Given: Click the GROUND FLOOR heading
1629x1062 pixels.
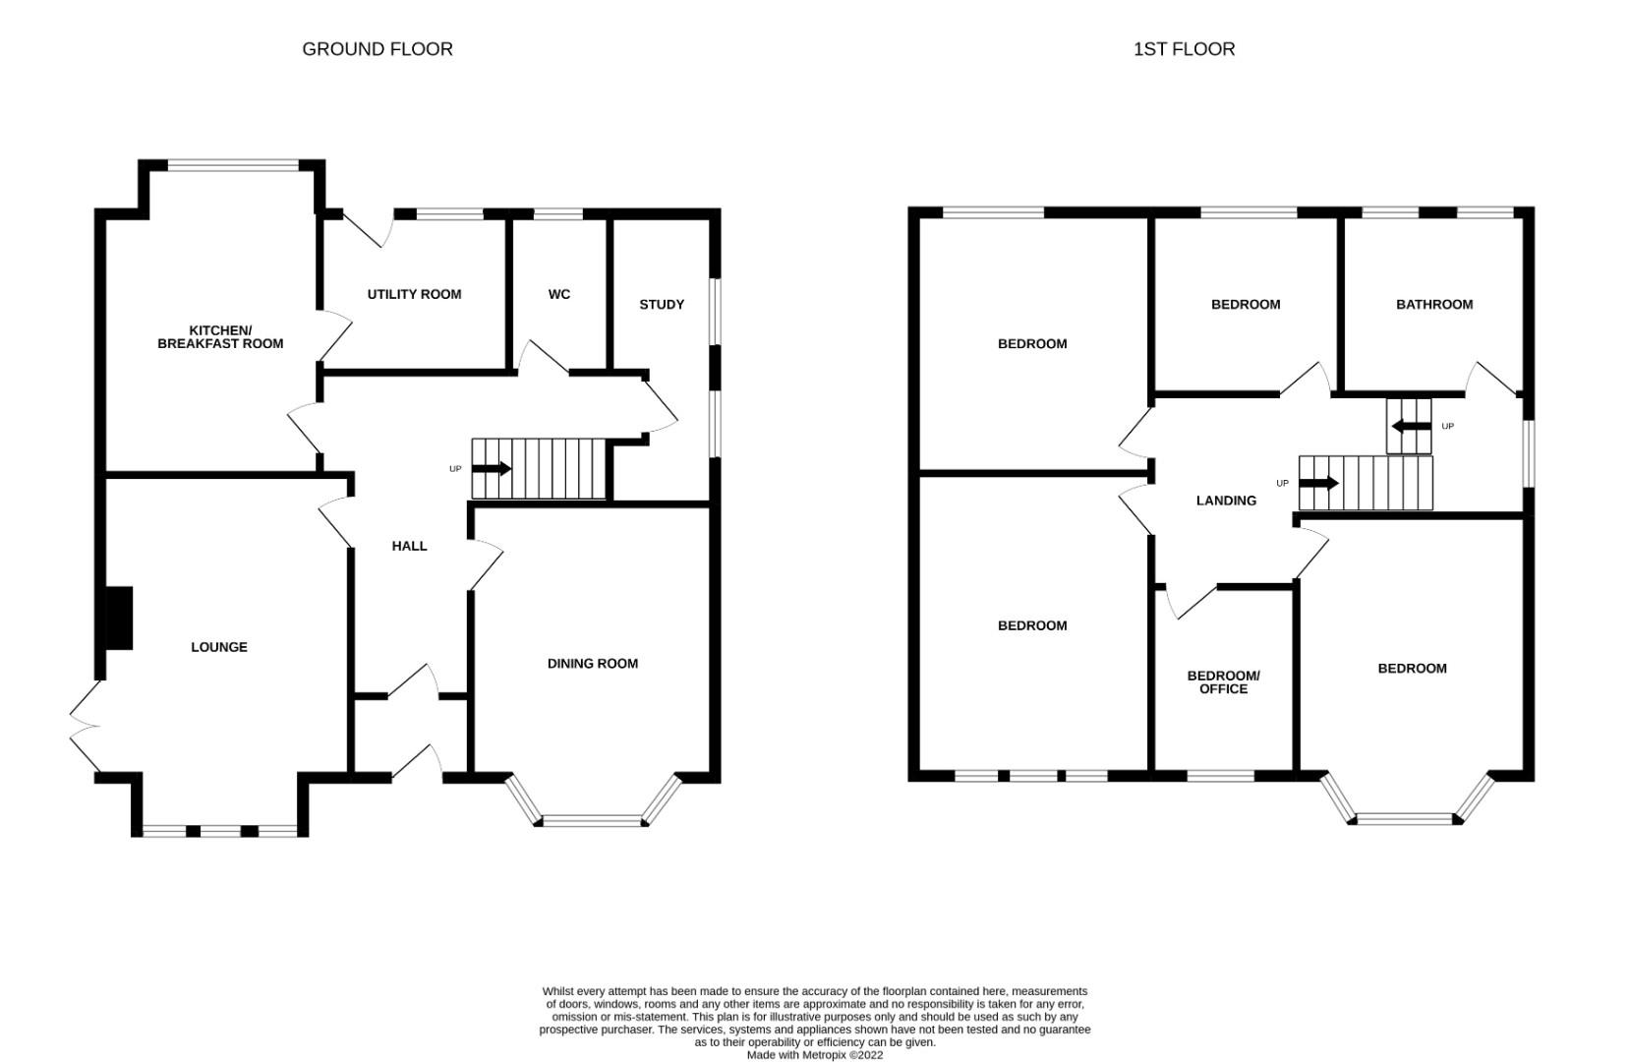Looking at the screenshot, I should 377,49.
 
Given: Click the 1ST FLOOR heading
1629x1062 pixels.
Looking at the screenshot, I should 1184,49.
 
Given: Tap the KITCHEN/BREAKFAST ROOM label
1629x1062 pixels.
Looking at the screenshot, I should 220,336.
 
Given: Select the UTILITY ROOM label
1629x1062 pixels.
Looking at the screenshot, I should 414,294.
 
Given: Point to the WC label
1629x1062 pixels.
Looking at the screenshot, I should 558,294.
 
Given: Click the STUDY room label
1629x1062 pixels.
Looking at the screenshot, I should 662,304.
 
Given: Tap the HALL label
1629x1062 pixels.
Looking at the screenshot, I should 409,546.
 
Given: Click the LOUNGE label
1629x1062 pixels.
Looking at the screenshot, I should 218,647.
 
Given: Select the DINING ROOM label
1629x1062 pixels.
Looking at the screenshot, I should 592,664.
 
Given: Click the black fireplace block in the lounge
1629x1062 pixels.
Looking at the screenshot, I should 118,618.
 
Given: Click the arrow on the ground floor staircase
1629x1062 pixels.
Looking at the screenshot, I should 492,469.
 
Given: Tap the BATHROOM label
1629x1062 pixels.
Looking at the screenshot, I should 1433,304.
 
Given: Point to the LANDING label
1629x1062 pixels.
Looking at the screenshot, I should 1225,501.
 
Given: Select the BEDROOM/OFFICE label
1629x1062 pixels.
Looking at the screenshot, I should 1223,681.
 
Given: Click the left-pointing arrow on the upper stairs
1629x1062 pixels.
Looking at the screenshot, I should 1411,426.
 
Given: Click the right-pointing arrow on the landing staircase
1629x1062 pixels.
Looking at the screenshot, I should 1318,483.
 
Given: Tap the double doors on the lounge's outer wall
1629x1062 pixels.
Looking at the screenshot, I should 85,728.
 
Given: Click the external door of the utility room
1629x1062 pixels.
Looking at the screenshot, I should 370,229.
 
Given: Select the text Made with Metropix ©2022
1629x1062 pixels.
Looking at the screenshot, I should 814,1055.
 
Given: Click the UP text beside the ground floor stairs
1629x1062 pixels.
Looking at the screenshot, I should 455,469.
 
